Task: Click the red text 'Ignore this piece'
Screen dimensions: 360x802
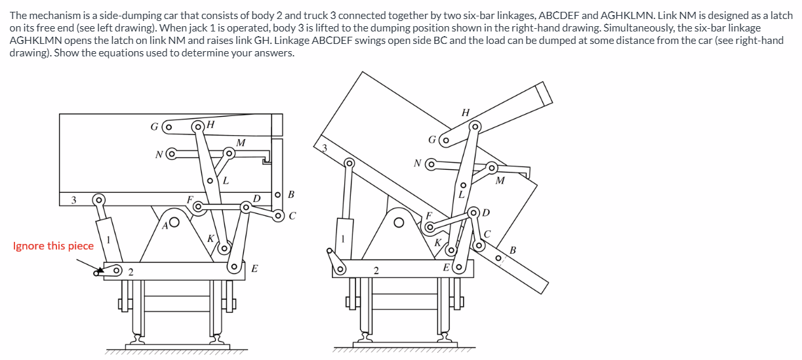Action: [53, 246]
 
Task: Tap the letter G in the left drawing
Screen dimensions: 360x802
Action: [154, 127]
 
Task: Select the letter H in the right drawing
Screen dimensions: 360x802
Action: [466, 112]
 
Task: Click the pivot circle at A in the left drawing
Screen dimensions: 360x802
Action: [175, 222]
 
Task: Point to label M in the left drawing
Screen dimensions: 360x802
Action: [241, 142]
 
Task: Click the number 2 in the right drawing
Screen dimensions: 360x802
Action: [376, 270]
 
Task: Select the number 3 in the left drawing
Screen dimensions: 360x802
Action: [74, 199]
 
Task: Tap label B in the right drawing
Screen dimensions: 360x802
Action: [513, 249]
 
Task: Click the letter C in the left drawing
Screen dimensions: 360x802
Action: [292, 215]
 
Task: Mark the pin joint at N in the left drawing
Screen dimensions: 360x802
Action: [171, 155]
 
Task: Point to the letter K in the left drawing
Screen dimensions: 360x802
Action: [211, 239]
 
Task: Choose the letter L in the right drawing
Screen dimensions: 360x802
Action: [461, 195]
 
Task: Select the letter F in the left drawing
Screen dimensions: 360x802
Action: [190, 199]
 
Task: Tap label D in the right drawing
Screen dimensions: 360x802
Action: [485, 212]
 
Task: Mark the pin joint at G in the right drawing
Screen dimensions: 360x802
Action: [446, 140]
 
